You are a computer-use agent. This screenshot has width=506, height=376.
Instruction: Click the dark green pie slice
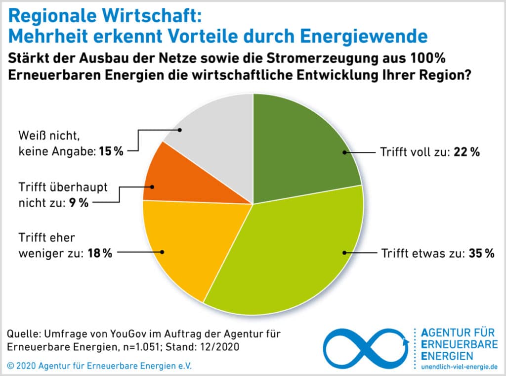pyautogui.click(x=301, y=143)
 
